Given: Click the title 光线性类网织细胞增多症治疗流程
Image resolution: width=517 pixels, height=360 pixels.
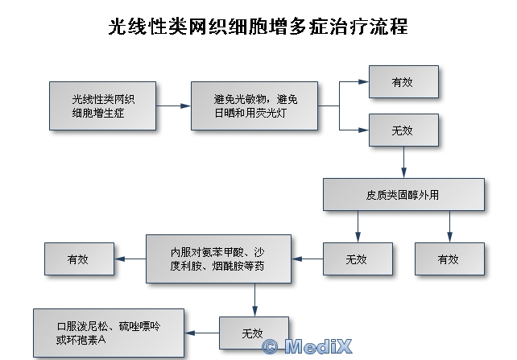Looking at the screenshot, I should (x=258, y=27).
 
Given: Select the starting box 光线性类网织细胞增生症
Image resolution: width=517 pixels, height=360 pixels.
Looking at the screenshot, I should (x=103, y=106).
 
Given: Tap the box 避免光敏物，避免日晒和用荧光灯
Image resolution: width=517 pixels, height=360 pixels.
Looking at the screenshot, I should (x=255, y=106).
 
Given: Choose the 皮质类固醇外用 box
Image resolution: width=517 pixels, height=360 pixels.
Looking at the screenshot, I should (x=403, y=194).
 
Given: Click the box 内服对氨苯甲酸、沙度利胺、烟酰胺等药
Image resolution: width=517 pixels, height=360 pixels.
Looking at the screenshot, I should (x=218, y=259).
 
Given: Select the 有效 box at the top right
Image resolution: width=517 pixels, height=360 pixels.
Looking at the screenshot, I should (x=403, y=82).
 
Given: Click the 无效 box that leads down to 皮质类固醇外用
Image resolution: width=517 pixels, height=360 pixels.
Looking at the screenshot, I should (x=403, y=130).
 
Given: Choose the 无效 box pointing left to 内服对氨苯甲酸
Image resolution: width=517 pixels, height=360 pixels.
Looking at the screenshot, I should (x=356, y=259).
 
